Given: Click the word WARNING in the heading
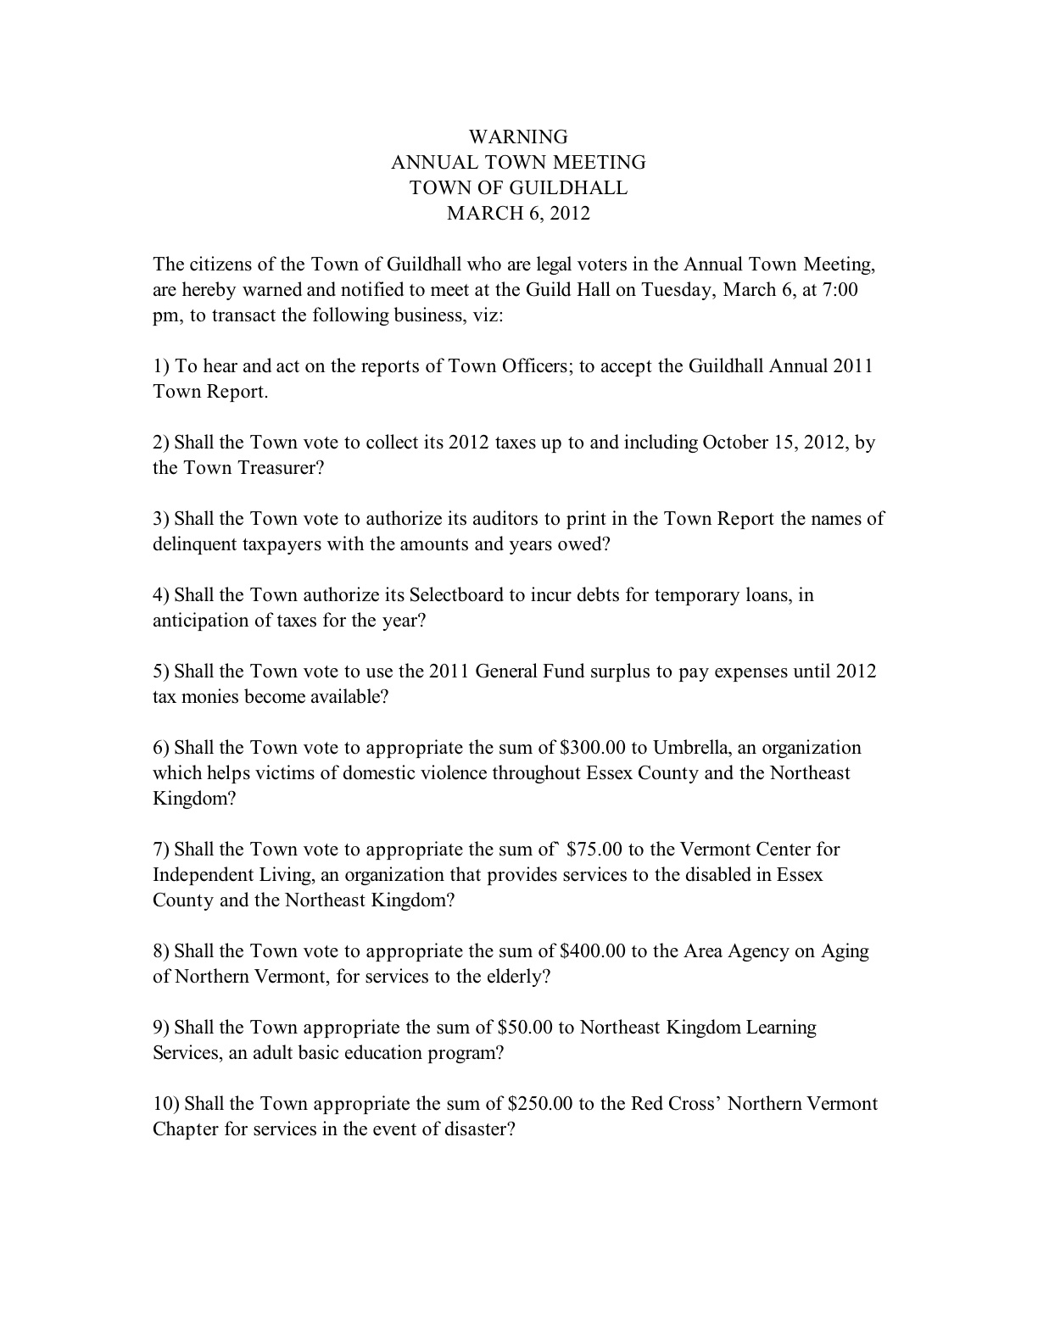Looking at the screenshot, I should [x=518, y=137].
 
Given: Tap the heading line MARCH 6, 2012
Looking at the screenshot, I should [x=518, y=214].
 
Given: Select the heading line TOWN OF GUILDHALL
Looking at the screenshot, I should [x=518, y=188].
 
